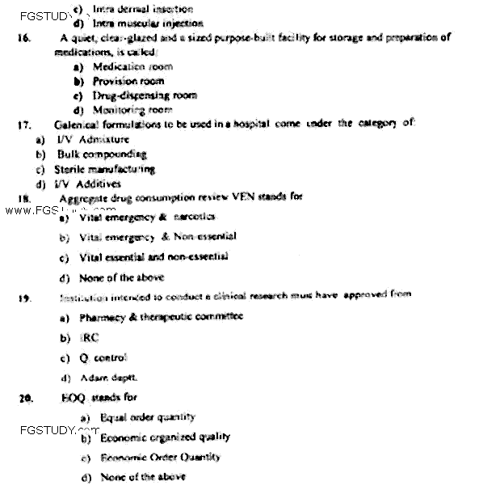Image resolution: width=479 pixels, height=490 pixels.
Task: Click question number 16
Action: (x=27, y=38)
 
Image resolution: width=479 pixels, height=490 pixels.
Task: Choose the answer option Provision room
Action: (x=128, y=81)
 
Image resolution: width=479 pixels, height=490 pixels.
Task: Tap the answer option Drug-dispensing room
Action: (x=133, y=95)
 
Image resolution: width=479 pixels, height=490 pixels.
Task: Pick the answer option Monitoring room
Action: (x=132, y=108)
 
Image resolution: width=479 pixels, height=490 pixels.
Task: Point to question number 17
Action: (x=23, y=126)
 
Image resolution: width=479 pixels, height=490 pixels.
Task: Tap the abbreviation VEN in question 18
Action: (x=235, y=196)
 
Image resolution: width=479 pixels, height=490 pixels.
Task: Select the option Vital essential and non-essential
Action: (x=153, y=257)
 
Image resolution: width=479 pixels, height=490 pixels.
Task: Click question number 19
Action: (x=25, y=298)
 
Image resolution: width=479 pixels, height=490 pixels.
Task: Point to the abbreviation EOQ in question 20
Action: (x=73, y=397)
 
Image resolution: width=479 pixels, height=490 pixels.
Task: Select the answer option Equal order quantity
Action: (x=148, y=417)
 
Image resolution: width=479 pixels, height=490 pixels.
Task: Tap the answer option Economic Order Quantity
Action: (x=159, y=458)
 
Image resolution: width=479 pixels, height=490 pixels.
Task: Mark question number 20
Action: (x=26, y=398)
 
